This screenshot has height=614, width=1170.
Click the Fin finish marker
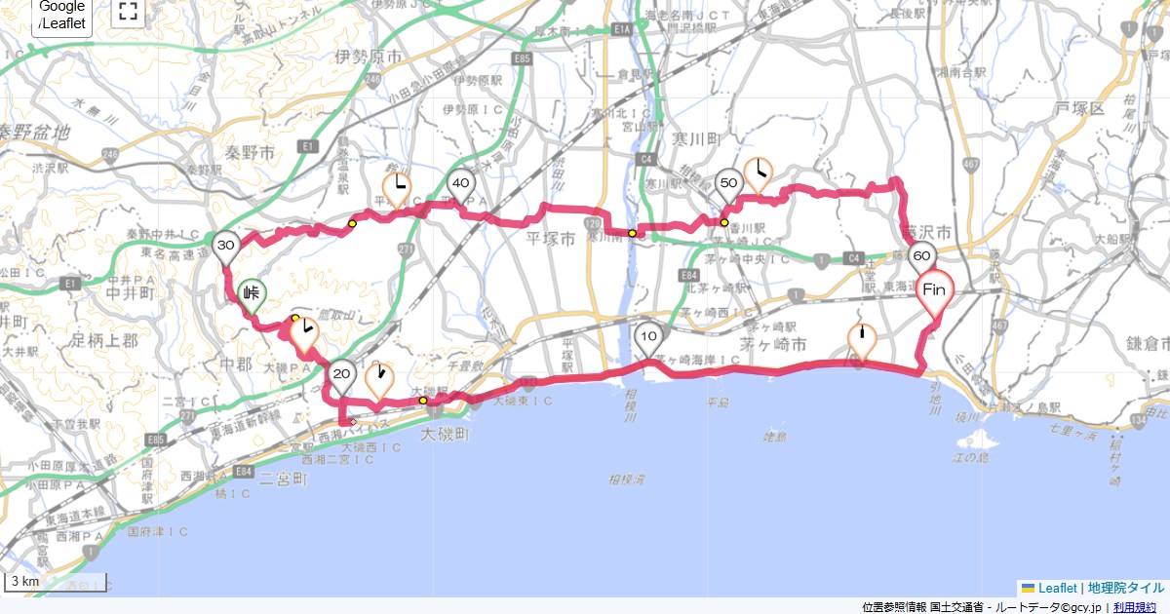click(934, 290)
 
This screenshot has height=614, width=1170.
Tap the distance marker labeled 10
click(649, 338)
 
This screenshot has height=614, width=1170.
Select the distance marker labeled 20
click(342, 374)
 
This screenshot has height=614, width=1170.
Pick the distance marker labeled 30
click(226, 246)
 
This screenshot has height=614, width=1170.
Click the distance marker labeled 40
click(461, 183)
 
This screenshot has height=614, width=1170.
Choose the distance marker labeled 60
click(920, 258)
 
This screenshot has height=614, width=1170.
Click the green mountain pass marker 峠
click(253, 291)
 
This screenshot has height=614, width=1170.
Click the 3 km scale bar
click(24, 582)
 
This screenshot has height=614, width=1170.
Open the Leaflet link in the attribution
click(1057, 588)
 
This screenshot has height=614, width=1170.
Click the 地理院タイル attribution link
click(1126, 588)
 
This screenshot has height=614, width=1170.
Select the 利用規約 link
click(1135, 607)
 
